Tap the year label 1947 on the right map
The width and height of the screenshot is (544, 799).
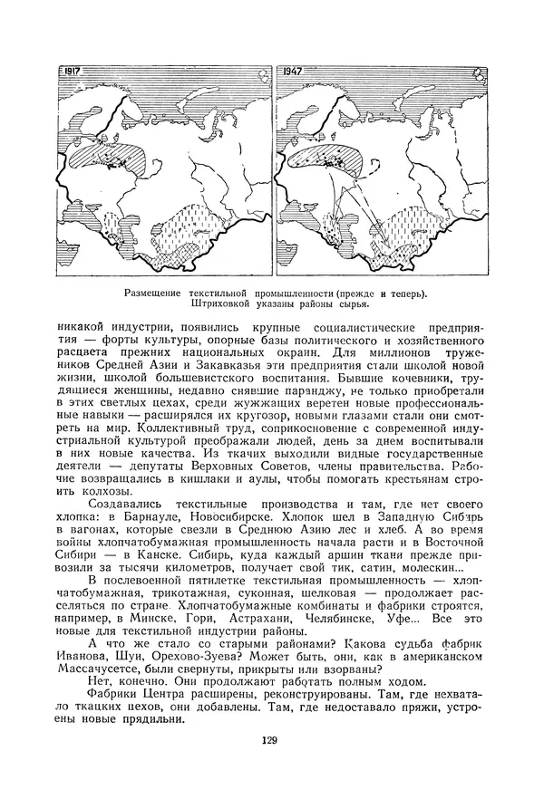(x=293, y=70)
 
